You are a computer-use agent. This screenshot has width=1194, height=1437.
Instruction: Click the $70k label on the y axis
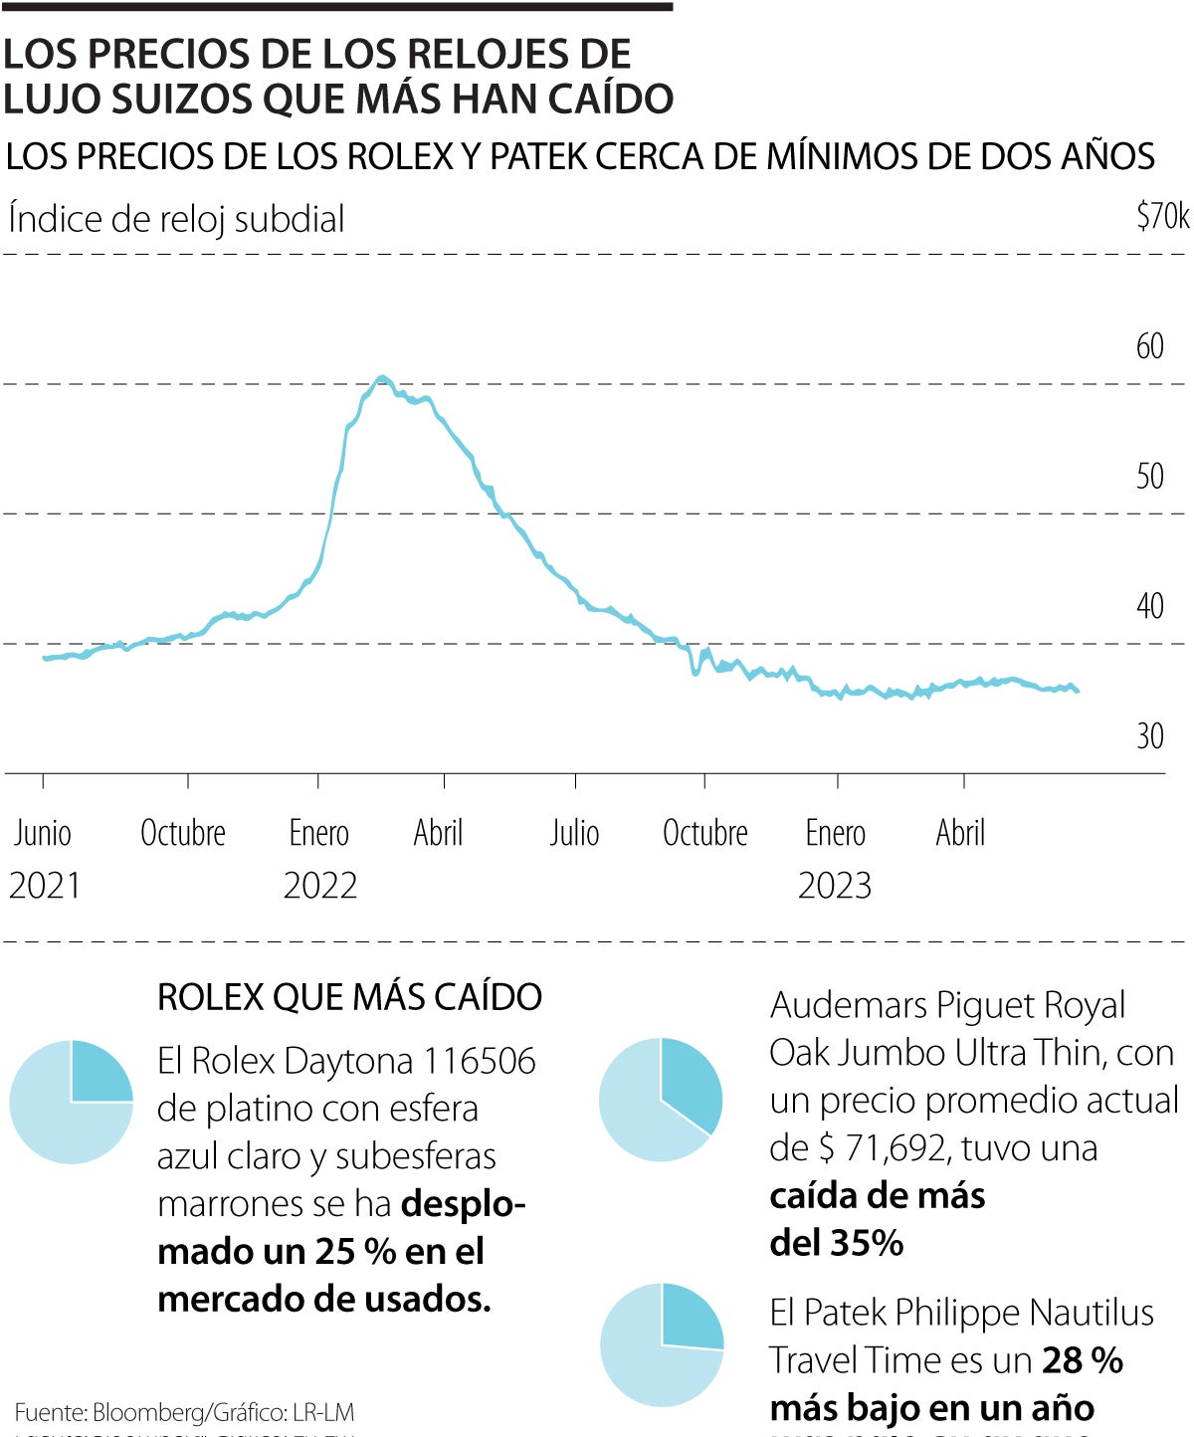[1162, 216]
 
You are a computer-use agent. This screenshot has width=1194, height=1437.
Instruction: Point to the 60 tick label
[1149, 346]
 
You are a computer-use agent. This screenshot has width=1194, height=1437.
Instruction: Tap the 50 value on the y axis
[1149, 477]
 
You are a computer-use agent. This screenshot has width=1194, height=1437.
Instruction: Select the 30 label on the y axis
[1149, 736]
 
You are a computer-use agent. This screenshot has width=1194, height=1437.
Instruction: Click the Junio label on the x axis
[43, 833]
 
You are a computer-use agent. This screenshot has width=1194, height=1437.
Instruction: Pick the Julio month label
[575, 833]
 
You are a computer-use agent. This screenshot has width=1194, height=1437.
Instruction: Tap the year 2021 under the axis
[45, 886]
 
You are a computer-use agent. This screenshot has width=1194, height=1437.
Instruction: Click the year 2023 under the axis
[835, 886]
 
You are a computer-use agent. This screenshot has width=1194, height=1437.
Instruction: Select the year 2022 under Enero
[320, 886]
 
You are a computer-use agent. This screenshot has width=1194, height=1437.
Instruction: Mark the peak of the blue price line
[383, 377]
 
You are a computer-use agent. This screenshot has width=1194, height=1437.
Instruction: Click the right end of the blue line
[1078, 691]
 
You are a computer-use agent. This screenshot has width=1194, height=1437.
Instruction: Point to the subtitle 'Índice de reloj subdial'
[176, 219]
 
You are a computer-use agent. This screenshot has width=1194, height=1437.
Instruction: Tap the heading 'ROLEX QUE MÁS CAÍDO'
[349, 997]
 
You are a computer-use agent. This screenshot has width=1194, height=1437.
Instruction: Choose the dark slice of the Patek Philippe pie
[691, 1317]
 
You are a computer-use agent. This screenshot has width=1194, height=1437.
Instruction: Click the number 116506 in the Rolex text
[480, 1062]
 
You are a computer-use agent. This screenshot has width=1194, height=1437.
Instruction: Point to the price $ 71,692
[885, 1148]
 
